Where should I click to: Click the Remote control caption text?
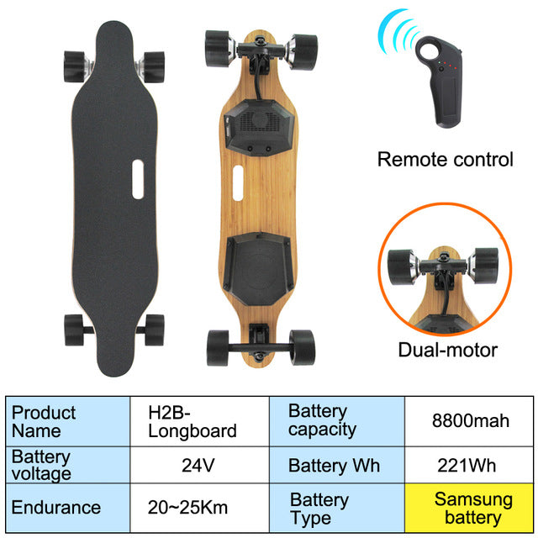click(x=445, y=159)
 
